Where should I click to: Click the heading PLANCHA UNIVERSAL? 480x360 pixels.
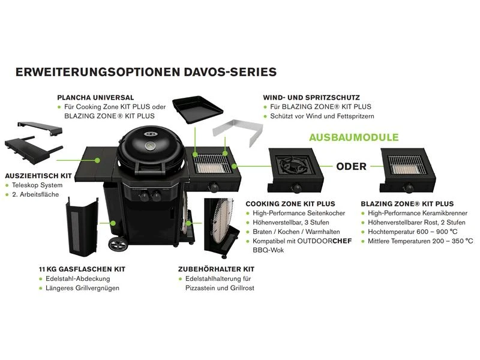(x=95, y=97)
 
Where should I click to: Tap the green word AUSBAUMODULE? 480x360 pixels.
(x=353, y=137)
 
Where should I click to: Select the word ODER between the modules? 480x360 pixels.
(x=351, y=166)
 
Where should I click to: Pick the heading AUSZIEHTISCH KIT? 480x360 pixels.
(x=38, y=176)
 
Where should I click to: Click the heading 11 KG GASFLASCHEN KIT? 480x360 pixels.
(x=82, y=269)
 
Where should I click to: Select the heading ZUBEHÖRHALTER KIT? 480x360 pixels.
(x=217, y=269)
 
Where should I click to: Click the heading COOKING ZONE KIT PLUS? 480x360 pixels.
(x=290, y=204)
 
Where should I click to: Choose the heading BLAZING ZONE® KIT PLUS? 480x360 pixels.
(x=407, y=204)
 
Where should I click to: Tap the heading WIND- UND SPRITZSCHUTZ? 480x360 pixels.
(x=311, y=97)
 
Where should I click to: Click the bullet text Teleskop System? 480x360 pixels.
(x=37, y=186)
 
